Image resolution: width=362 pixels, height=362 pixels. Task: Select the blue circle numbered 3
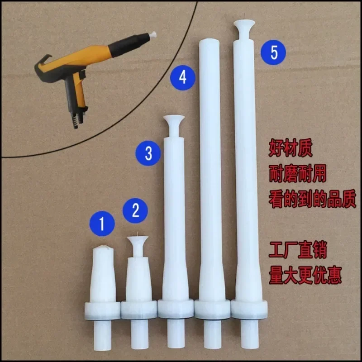[148, 152]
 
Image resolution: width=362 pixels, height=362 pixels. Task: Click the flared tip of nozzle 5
[243, 26]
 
